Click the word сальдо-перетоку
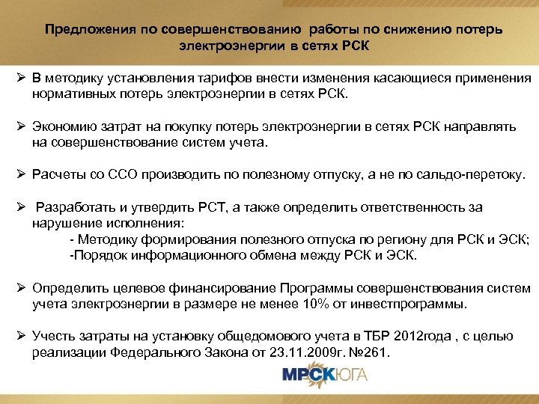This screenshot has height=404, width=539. (x=481, y=174)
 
